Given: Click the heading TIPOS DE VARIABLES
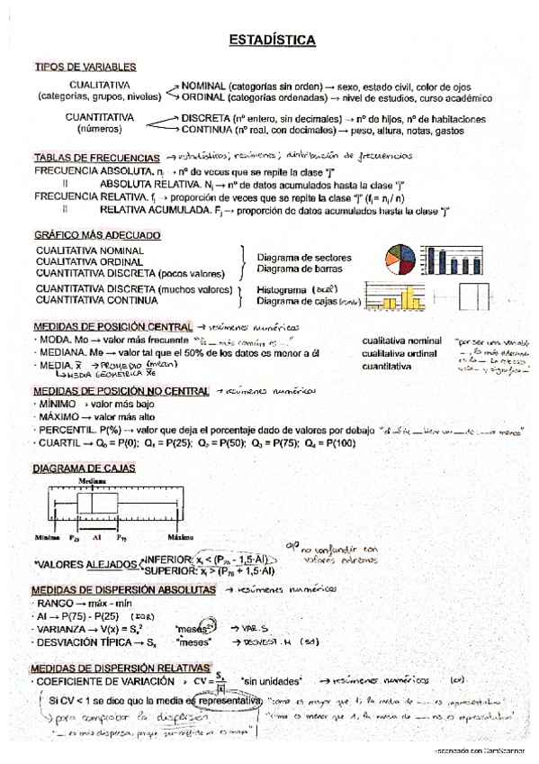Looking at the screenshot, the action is [x=85, y=67].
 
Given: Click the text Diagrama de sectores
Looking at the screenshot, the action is [x=304, y=257].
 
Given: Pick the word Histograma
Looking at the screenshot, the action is [x=281, y=290].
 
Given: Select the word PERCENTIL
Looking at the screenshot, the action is [x=63, y=431].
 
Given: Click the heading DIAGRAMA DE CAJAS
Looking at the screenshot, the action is [x=83, y=468].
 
